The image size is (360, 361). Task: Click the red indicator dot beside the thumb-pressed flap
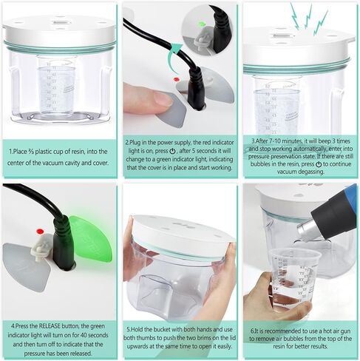[176, 79]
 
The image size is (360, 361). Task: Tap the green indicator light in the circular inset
[202, 24]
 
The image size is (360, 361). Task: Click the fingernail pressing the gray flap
[161, 98]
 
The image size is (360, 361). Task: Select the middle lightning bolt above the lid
[308, 17]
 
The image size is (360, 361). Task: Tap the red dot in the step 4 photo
[40, 232]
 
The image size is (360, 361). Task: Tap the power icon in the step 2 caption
[173, 151]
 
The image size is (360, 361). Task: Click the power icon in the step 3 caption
[319, 164]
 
